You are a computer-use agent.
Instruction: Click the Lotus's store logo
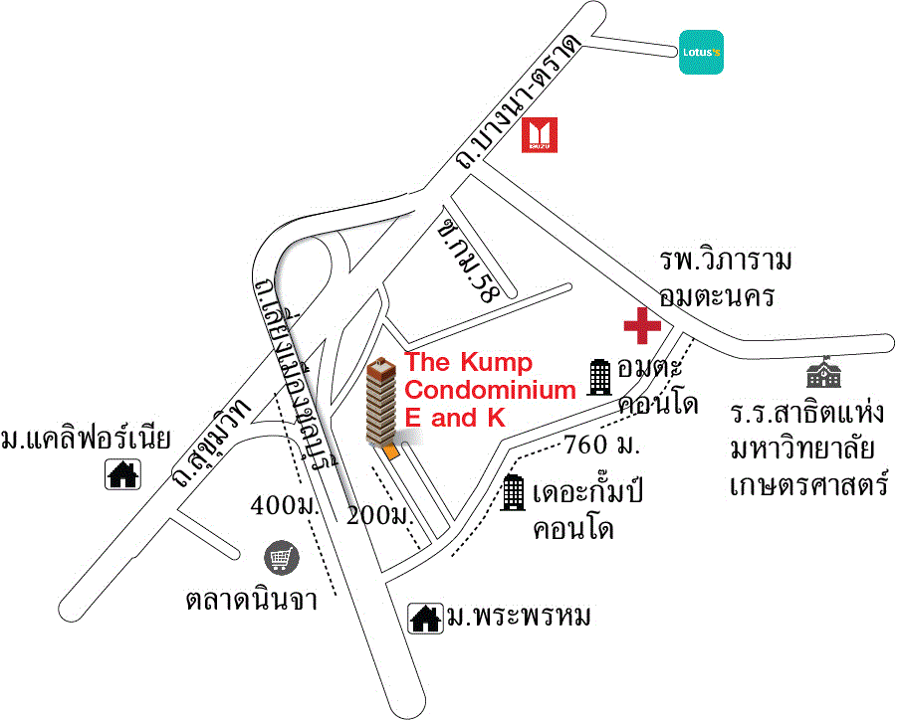coord(701,53)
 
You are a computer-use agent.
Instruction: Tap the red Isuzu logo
coord(541,135)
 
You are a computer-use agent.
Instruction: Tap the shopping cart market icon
coord(280,559)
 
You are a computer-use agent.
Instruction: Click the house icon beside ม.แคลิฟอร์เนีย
coord(123,474)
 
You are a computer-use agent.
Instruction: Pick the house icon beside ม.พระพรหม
coord(426,618)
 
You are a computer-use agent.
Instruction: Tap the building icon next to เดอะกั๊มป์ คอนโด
coord(514,492)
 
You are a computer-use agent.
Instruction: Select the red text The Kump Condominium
coord(489,390)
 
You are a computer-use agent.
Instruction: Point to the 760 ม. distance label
coord(600,443)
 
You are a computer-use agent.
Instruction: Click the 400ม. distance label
coord(283,506)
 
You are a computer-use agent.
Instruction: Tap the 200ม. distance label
coord(379,515)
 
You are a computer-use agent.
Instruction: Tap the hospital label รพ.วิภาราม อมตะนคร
coord(726,278)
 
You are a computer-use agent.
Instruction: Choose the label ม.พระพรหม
coord(518,618)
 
